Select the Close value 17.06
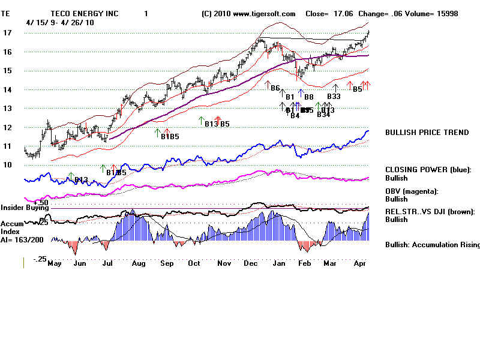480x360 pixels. click(340, 13)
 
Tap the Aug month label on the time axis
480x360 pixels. click(139, 263)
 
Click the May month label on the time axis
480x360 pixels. click(55, 263)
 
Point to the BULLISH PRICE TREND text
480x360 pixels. click(427, 133)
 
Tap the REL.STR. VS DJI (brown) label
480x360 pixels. click(430, 211)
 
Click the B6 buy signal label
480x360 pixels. click(275, 88)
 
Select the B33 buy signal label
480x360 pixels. click(334, 96)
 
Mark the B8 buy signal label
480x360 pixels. click(308, 97)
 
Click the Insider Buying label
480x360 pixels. click(24, 208)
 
